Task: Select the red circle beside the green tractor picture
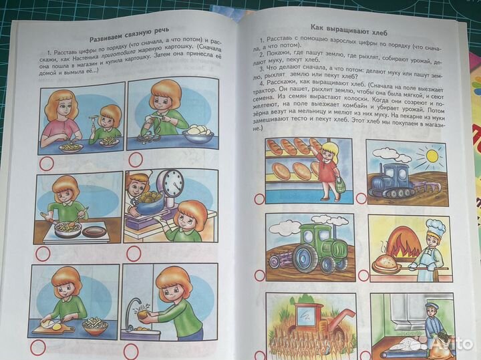tap(259, 275)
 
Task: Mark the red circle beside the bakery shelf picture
tap(260, 198)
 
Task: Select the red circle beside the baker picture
tap(364, 275)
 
